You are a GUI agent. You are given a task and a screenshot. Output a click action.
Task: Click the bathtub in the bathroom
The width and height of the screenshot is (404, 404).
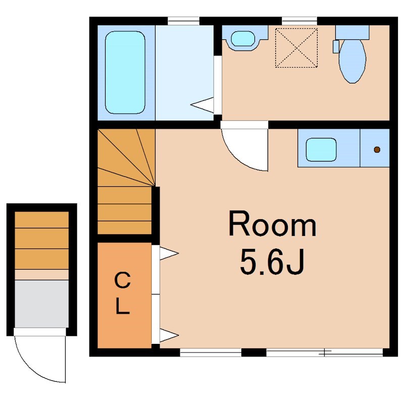point(125,72)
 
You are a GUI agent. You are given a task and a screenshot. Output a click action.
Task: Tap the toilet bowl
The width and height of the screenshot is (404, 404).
point(352,61)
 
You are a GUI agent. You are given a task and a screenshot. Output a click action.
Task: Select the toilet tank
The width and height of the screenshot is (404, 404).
point(352,32)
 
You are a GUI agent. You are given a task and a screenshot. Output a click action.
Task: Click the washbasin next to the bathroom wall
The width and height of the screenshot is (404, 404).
point(243,39)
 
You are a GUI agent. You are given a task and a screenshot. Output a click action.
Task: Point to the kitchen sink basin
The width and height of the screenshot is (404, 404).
point(321,149)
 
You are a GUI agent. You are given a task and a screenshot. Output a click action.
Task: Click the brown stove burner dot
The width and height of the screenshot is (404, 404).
point(377,149)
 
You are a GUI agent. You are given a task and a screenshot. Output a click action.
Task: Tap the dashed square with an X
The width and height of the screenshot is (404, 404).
point(296,48)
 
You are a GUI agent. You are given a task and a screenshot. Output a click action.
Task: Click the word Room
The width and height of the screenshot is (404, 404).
point(272,224)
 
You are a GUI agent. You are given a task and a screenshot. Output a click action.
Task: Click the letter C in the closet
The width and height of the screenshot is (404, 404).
point(123,281)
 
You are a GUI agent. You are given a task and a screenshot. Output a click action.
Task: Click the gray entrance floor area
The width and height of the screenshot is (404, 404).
point(42,304)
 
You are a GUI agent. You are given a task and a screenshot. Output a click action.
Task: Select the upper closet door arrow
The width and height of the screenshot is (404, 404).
point(169,254)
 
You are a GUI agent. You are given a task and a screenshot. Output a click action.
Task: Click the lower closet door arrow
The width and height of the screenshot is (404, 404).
point(169,335)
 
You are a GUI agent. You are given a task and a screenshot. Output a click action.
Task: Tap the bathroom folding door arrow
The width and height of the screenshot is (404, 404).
point(202,105)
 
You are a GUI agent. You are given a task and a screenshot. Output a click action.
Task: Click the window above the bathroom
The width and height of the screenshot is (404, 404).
point(183,21)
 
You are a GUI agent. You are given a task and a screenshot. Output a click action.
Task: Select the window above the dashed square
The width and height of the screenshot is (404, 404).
point(299,21)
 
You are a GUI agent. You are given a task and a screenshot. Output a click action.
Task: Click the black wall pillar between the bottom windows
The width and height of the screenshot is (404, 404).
point(254,352)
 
